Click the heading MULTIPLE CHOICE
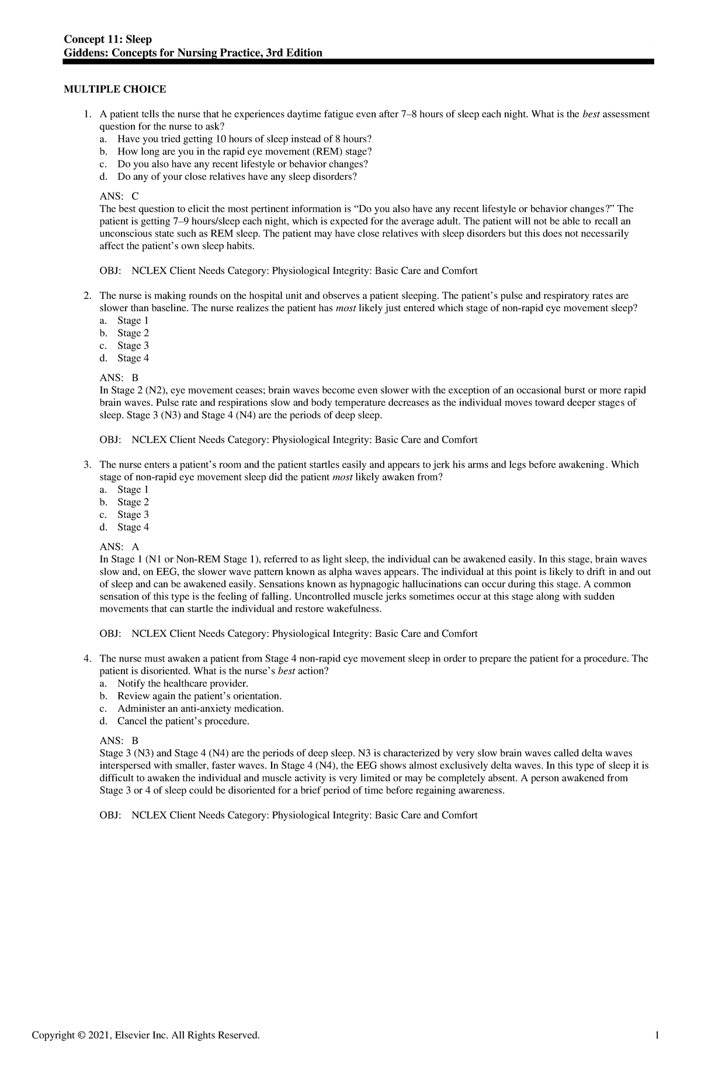click(114, 89)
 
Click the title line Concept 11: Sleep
click(108, 39)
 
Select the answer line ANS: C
click(119, 196)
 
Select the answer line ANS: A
click(119, 547)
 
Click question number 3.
click(87, 465)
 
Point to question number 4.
click(87, 659)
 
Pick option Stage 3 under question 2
click(133, 346)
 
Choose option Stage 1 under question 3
click(133, 490)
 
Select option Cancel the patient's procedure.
click(183, 721)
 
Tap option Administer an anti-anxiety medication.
click(200, 709)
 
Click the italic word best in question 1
click(591, 114)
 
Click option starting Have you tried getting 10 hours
click(244, 139)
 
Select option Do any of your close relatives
click(236, 177)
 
